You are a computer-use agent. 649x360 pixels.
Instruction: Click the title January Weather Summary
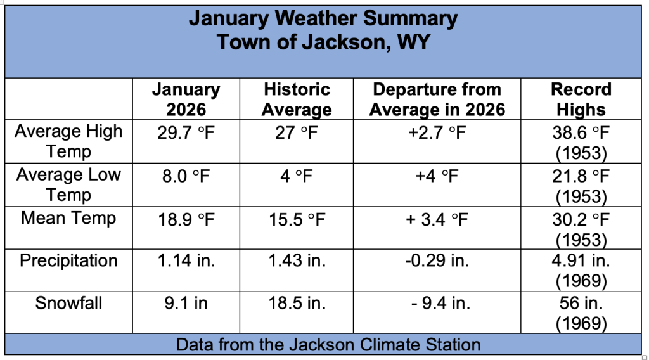(323, 18)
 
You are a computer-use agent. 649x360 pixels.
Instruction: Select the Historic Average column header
(297, 100)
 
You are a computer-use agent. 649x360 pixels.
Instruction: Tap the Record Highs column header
(581, 100)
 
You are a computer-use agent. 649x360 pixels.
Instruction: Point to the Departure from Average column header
(437, 100)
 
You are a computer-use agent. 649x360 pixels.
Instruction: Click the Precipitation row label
(68, 260)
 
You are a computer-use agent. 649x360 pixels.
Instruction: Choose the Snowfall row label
(68, 303)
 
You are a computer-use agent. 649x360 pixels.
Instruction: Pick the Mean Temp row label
(68, 218)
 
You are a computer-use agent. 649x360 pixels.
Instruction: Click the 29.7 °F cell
(186, 133)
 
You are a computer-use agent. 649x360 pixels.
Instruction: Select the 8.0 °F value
(186, 176)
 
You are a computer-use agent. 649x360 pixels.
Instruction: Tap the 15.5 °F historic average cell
(297, 219)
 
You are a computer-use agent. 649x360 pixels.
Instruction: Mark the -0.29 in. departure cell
(437, 260)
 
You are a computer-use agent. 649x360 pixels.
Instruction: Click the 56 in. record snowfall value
(581, 303)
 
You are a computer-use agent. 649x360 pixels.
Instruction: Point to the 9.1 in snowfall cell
(186, 303)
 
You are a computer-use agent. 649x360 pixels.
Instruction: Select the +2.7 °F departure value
(437, 133)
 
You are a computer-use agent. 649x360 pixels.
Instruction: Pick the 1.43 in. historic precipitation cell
(297, 260)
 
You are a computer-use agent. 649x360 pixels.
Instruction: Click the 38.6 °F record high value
(581, 133)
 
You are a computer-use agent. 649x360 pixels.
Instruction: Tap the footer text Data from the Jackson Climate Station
(328, 345)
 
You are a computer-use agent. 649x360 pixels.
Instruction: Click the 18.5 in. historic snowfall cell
(297, 303)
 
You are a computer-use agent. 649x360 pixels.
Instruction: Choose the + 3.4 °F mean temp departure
(437, 219)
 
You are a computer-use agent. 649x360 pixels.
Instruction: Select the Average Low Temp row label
(68, 184)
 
